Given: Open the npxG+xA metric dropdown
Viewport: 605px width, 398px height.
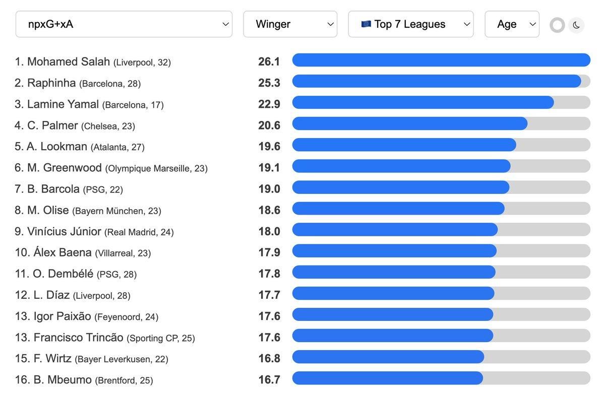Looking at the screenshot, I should click(x=124, y=24).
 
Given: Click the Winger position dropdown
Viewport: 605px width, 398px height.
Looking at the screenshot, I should click(x=290, y=24).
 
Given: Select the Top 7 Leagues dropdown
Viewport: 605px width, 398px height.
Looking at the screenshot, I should click(x=410, y=24).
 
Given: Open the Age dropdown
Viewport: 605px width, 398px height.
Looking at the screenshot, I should click(x=512, y=24).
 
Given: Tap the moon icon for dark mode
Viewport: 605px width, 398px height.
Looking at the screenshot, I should click(x=576, y=25).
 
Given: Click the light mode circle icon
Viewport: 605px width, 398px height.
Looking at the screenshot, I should click(x=557, y=25).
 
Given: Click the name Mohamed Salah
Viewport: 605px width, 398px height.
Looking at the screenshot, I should click(x=69, y=62).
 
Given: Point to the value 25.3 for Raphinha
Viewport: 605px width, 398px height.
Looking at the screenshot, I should click(x=269, y=83).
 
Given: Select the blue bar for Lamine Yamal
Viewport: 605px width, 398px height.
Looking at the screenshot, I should click(x=422, y=102).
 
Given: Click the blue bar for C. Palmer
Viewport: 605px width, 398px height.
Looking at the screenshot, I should click(x=409, y=123).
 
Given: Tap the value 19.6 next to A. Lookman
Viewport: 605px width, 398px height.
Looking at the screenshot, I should click(x=269, y=146).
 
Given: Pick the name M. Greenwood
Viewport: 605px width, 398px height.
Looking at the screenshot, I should click(x=73, y=168).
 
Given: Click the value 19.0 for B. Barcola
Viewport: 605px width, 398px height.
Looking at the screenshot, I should click(x=269, y=188).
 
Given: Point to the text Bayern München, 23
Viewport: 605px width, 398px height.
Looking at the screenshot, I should click(x=116, y=211).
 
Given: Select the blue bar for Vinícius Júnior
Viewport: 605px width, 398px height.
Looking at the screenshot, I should click(x=395, y=230).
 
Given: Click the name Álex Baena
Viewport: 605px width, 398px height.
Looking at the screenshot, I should click(x=63, y=252).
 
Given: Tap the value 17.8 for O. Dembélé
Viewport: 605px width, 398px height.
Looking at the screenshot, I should click(x=269, y=273).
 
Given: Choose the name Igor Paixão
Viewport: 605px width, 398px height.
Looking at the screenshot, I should click(x=63, y=316).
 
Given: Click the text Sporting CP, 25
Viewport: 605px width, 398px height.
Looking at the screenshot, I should click(x=160, y=338).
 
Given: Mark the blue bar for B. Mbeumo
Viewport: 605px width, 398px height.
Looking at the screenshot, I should click(x=387, y=378).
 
